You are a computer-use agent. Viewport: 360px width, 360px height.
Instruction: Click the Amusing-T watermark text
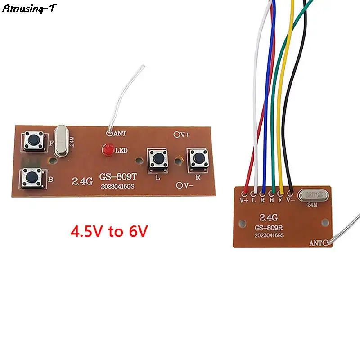click(x=30, y=9)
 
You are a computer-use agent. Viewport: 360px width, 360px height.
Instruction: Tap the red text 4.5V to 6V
click(x=109, y=232)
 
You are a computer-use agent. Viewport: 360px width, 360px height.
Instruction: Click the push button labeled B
click(x=33, y=178)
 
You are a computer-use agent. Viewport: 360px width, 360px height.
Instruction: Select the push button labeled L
click(x=157, y=158)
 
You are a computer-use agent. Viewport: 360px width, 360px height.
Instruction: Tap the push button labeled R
click(x=197, y=157)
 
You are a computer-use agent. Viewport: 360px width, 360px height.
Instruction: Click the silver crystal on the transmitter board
click(x=62, y=140)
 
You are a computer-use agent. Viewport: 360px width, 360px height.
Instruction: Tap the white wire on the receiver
click(x=256, y=112)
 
